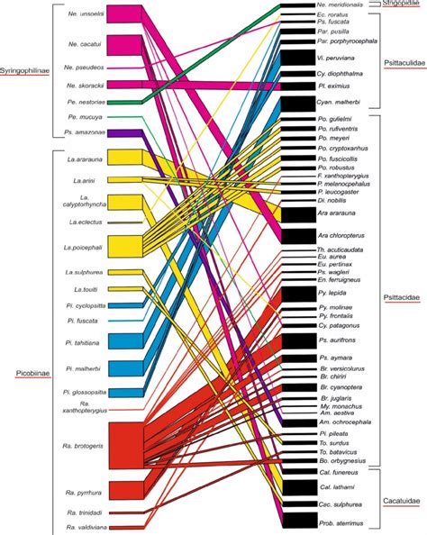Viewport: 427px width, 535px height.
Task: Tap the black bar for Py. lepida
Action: coord(297,294)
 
